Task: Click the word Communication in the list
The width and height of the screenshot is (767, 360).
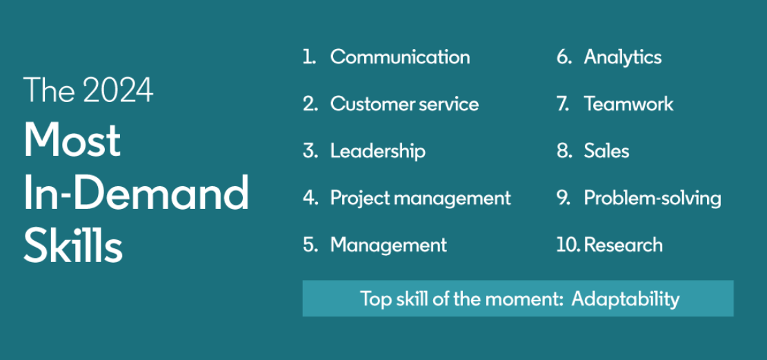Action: tap(399, 57)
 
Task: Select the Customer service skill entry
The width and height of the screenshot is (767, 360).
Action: tap(404, 104)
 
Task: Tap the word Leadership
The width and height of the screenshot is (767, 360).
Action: tap(377, 151)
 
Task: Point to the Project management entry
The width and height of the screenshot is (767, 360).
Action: tap(420, 199)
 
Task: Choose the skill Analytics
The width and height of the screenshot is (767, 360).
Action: tap(623, 58)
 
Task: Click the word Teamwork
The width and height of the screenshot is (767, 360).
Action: tap(628, 104)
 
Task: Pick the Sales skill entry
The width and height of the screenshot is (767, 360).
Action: tap(606, 151)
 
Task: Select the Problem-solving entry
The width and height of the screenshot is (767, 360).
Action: tap(653, 199)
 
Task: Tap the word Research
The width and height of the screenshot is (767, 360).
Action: tap(624, 245)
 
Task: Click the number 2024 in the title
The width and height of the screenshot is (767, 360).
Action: tap(118, 90)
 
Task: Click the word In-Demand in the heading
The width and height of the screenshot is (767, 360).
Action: tap(136, 192)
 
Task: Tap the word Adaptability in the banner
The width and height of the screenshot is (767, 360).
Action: tap(625, 299)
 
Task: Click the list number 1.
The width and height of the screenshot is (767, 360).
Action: tap(309, 57)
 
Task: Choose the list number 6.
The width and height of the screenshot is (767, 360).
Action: tap(564, 57)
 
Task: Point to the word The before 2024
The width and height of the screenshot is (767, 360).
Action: tap(50, 90)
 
